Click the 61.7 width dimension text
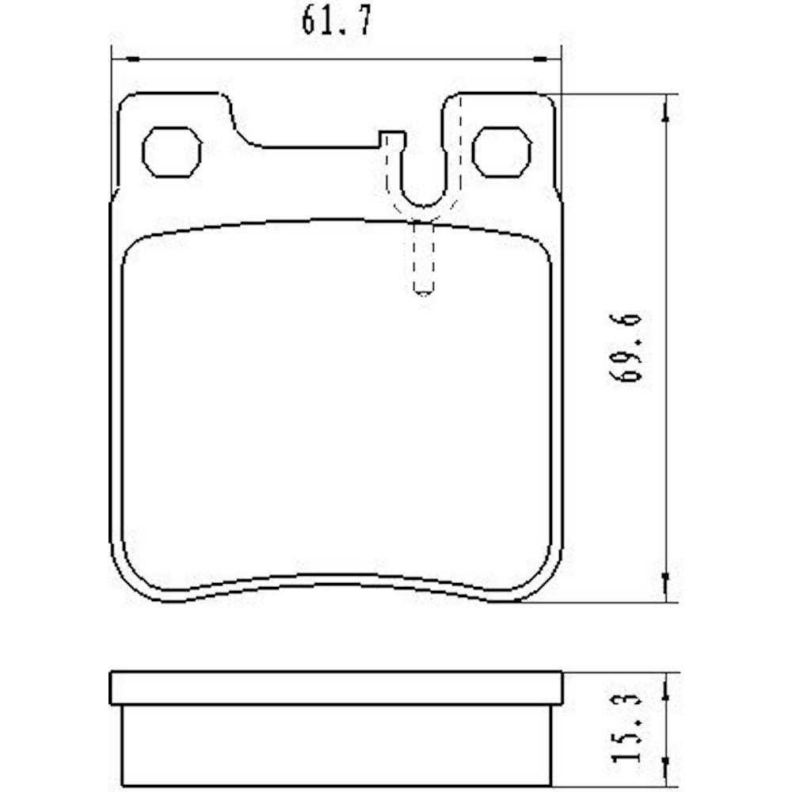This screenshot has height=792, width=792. coord(336,22)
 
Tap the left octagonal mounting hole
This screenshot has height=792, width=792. coord(171,150)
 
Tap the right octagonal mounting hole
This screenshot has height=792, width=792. coord(501,150)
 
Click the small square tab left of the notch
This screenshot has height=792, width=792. coord(391,139)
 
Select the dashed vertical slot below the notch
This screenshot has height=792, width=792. coord(424,257)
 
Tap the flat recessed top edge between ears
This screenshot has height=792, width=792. coord(317,147)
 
